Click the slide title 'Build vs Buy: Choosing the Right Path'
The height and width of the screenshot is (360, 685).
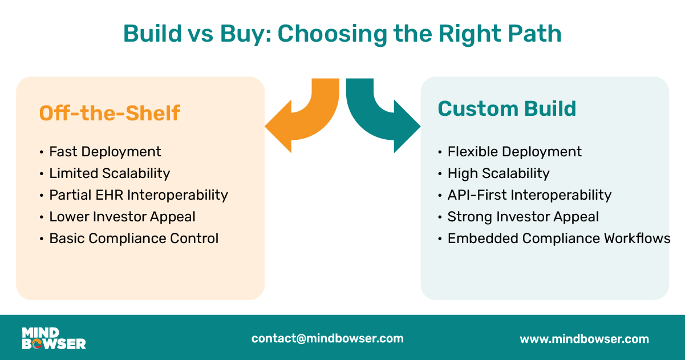coord(342,34)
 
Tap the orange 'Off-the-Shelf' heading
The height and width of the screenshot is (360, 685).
coord(110,113)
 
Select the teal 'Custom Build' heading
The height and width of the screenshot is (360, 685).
coord(506,108)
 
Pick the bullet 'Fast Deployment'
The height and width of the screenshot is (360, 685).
coord(105,152)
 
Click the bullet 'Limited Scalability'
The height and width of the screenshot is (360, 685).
coord(110,173)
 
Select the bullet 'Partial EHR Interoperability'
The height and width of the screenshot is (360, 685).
coord(139,195)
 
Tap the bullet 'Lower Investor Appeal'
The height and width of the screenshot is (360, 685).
coord(122,217)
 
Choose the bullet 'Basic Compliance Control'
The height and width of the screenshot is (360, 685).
coord(134,238)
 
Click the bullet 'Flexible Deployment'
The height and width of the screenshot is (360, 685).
coord(514,152)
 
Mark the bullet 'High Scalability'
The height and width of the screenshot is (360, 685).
coord(498,173)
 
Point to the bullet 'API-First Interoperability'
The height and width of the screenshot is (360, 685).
coord(529,195)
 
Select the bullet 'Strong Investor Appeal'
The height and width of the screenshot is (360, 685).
coord(523,217)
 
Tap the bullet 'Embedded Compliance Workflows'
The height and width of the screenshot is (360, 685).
coord(559,238)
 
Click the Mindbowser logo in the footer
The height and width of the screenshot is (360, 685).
coord(54,338)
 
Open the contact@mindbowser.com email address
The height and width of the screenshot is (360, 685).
coord(327,338)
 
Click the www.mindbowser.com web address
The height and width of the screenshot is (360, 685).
coord(585,339)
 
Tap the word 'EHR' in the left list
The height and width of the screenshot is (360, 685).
coord(109,195)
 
